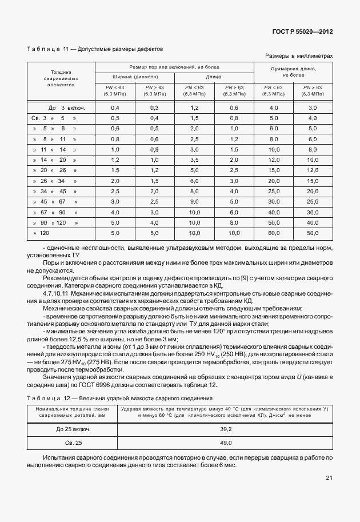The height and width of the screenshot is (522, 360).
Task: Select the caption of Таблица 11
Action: point(95,50)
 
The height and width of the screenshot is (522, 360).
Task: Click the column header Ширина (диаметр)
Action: point(135,77)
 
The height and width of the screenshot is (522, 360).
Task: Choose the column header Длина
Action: point(214,77)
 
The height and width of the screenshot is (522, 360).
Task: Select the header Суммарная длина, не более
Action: point(293,71)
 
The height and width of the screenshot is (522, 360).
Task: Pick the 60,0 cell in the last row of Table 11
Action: point(273,233)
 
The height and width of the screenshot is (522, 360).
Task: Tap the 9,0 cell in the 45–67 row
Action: point(194,201)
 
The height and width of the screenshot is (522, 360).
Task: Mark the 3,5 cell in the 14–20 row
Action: point(194,160)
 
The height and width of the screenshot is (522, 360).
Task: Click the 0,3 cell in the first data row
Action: point(154,107)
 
